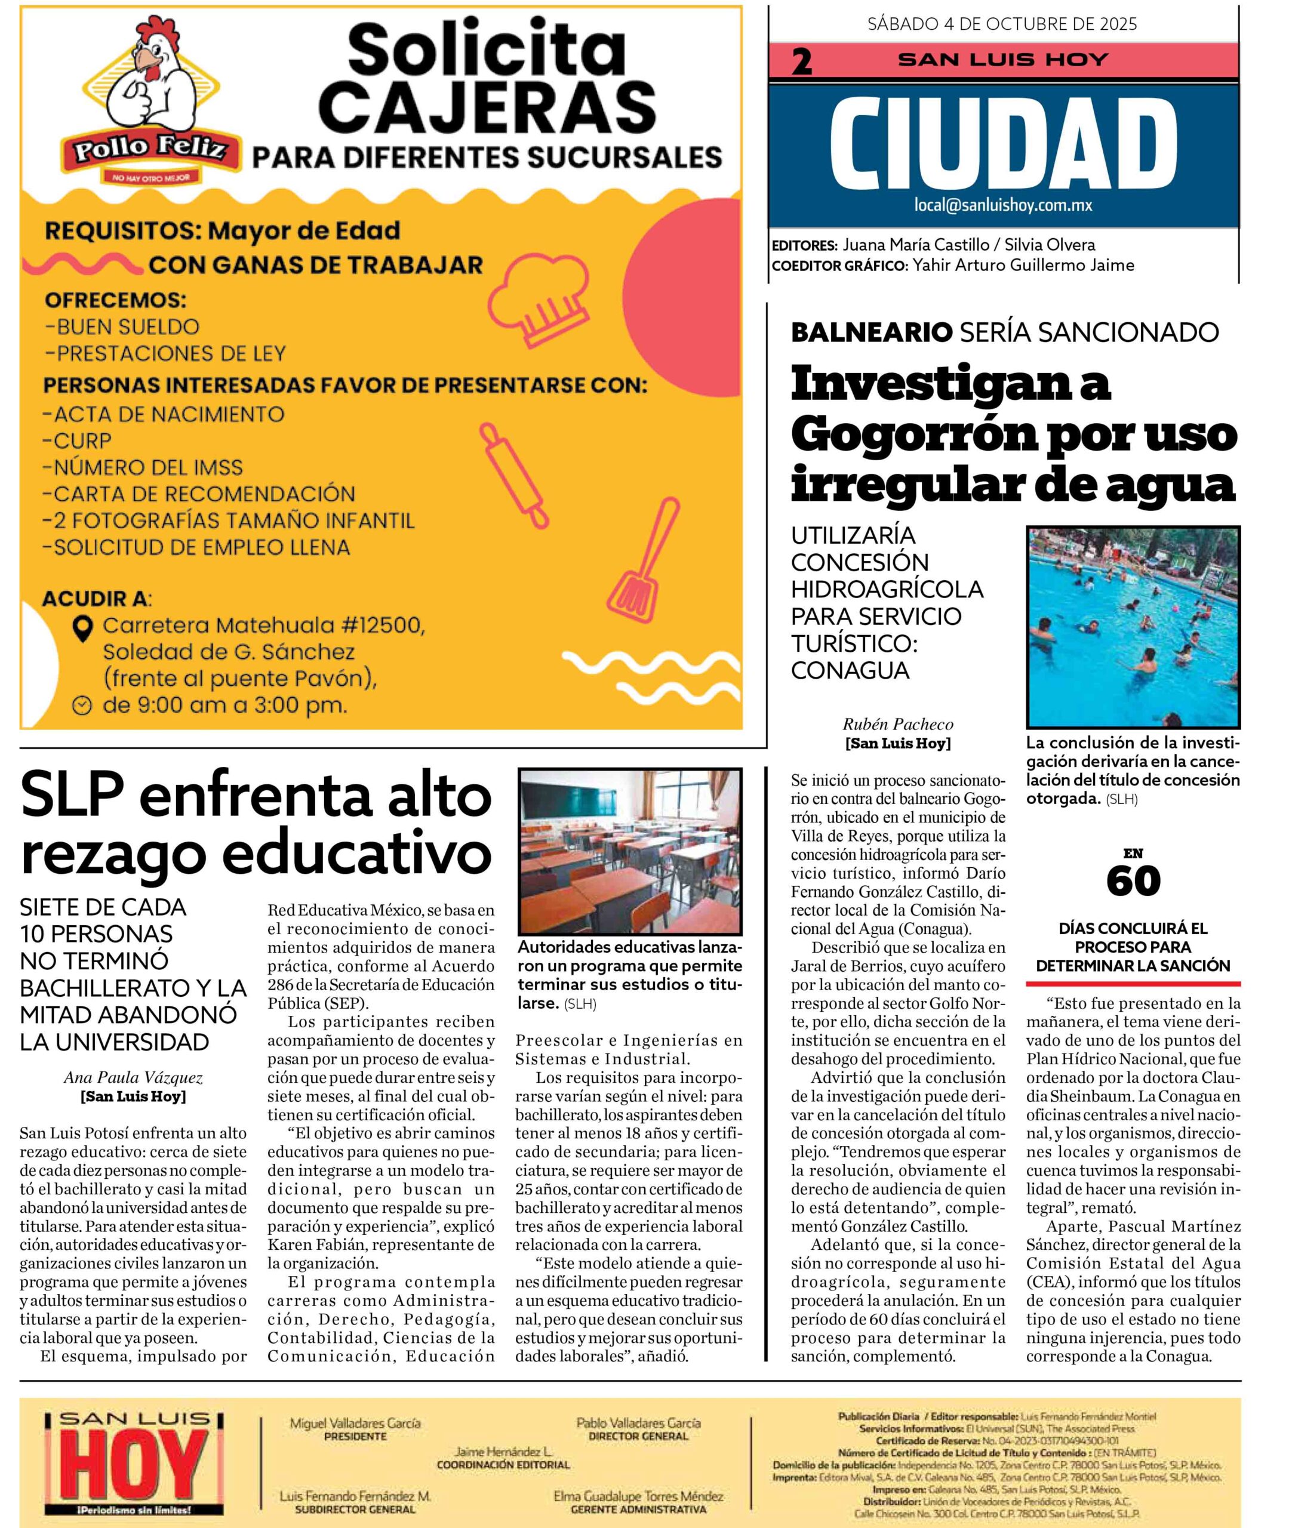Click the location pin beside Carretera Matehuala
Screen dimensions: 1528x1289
(84, 627)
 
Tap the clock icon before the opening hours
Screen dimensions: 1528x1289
(82, 706)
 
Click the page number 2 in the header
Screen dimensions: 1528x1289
(802, 62)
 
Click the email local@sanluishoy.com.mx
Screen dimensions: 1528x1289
(1002, 205)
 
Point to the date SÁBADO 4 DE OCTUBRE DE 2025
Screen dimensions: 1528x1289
(1002, 24)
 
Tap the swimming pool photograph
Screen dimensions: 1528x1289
(1133, 627)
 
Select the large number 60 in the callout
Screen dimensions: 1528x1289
(1133, 881)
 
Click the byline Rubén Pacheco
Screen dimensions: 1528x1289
(898, 725)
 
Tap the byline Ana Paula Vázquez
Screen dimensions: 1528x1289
(133, 1078)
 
